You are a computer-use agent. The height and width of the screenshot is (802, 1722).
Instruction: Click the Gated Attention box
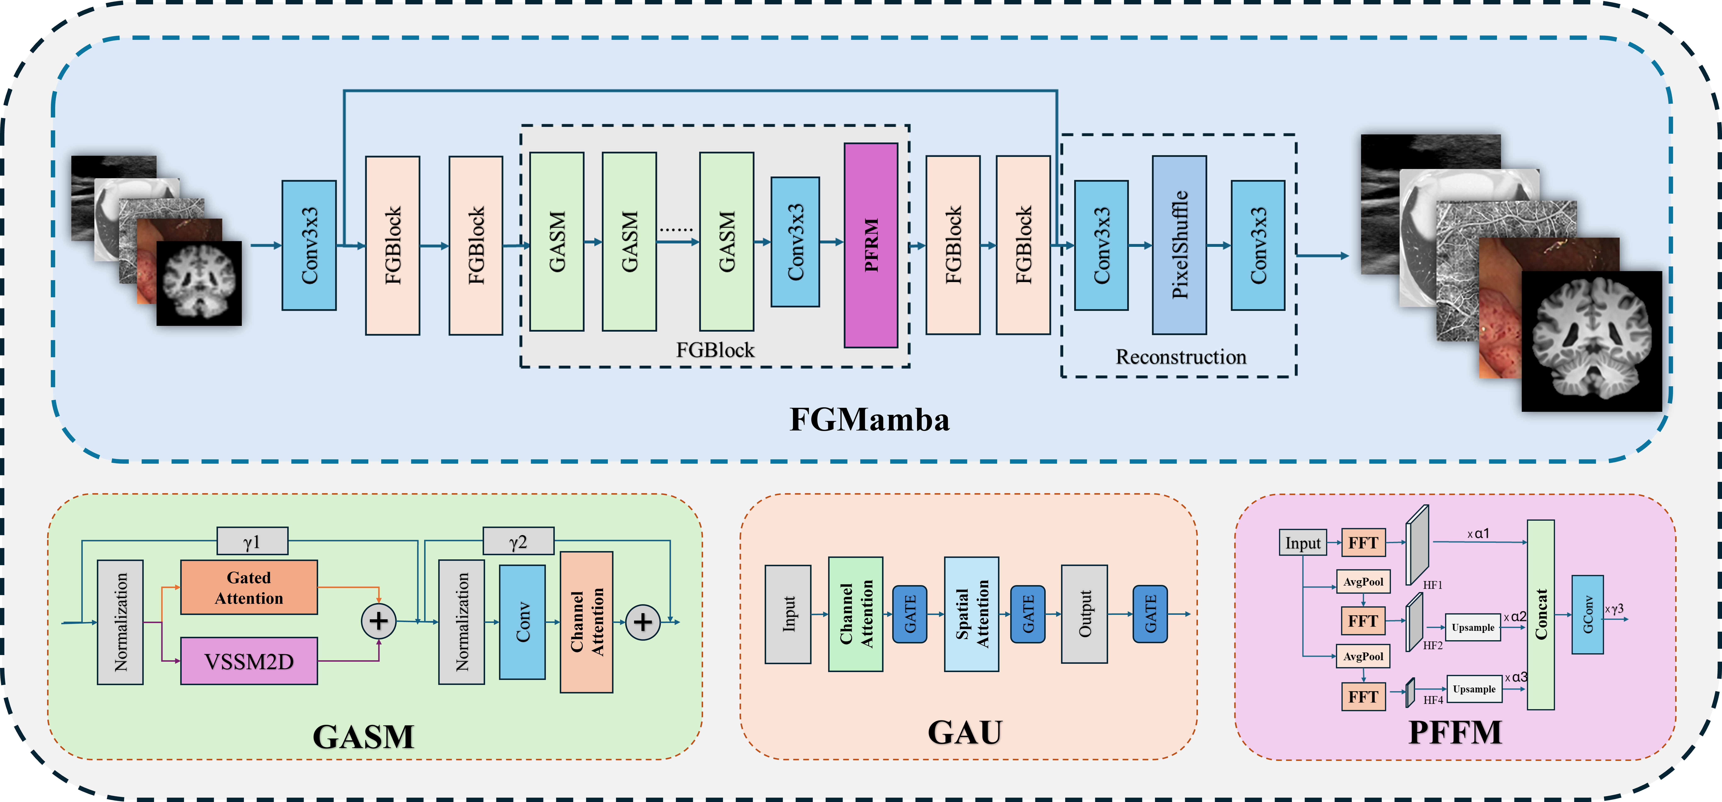coord(249,587)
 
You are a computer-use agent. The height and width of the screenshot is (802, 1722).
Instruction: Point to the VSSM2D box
coord(249,661)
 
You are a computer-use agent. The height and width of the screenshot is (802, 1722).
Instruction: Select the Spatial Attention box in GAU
coord(971,614)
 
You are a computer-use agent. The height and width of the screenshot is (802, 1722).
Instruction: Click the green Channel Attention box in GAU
coord(856,614)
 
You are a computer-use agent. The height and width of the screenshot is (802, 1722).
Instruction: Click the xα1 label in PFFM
coord(1478,534)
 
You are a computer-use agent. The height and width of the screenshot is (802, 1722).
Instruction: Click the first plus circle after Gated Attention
coord(378,621)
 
